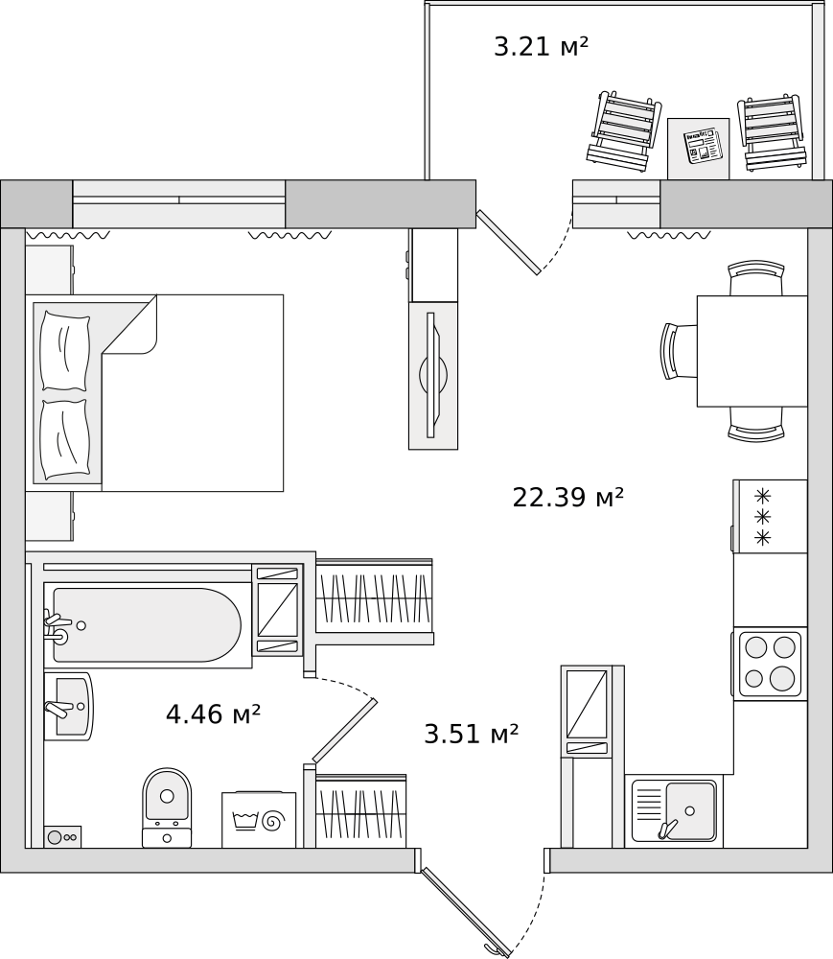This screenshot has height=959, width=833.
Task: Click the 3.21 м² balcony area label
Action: click(x=541, y=46)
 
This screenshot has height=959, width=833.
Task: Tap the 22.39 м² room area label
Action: click(x=567, y=497)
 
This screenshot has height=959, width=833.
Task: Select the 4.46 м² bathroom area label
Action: click(x=214, y=713)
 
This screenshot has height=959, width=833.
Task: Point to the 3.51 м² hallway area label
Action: click(x=472, y=734)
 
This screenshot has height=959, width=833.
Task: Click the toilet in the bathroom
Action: click(x=167, y=807)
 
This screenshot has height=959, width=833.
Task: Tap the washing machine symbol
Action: click(x=259, y=820)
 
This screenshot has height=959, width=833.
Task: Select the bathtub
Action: click(x=148, y=625)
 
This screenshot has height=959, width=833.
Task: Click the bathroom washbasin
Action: click(x=68, y=707)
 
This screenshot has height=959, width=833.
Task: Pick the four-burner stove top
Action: click(x=770, y=665)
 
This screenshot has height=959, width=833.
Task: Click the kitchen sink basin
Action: click(x=690, y=810)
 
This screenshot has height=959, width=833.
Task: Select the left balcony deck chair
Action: click(x=624, y=130)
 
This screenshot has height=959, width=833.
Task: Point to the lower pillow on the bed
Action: click(x=65, y=439)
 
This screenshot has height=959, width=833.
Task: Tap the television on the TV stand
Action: click(x=433, y=375)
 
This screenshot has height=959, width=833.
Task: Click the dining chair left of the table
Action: click(x=679, y=351)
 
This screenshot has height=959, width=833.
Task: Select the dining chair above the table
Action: click(x=756, y=278)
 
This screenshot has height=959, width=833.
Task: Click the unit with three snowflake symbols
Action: click(x=770, y=517)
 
